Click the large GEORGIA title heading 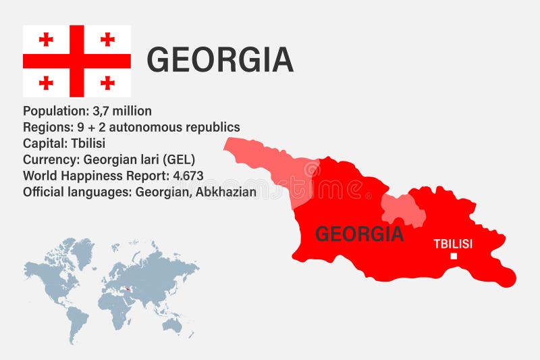click(x=220, y=60)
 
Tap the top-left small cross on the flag click(x=46, y=39)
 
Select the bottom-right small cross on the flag click(x=107, y=82)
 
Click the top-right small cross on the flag click(x=107, y=39)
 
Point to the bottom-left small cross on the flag click(x=46, y=82)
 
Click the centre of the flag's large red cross click(x=76, y=61)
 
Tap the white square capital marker click(x=454, y=256)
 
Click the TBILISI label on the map click(x=452, y=244)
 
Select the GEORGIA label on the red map click(x=359, y=234)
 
